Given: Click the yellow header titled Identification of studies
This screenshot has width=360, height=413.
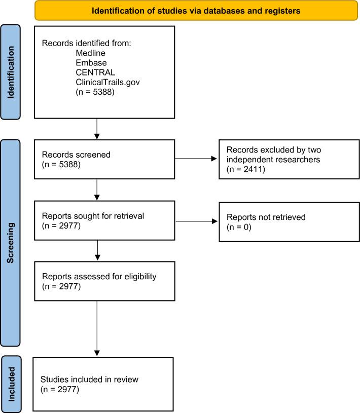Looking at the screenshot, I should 196,10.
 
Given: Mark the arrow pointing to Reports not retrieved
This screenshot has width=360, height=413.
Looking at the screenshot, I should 196,220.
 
